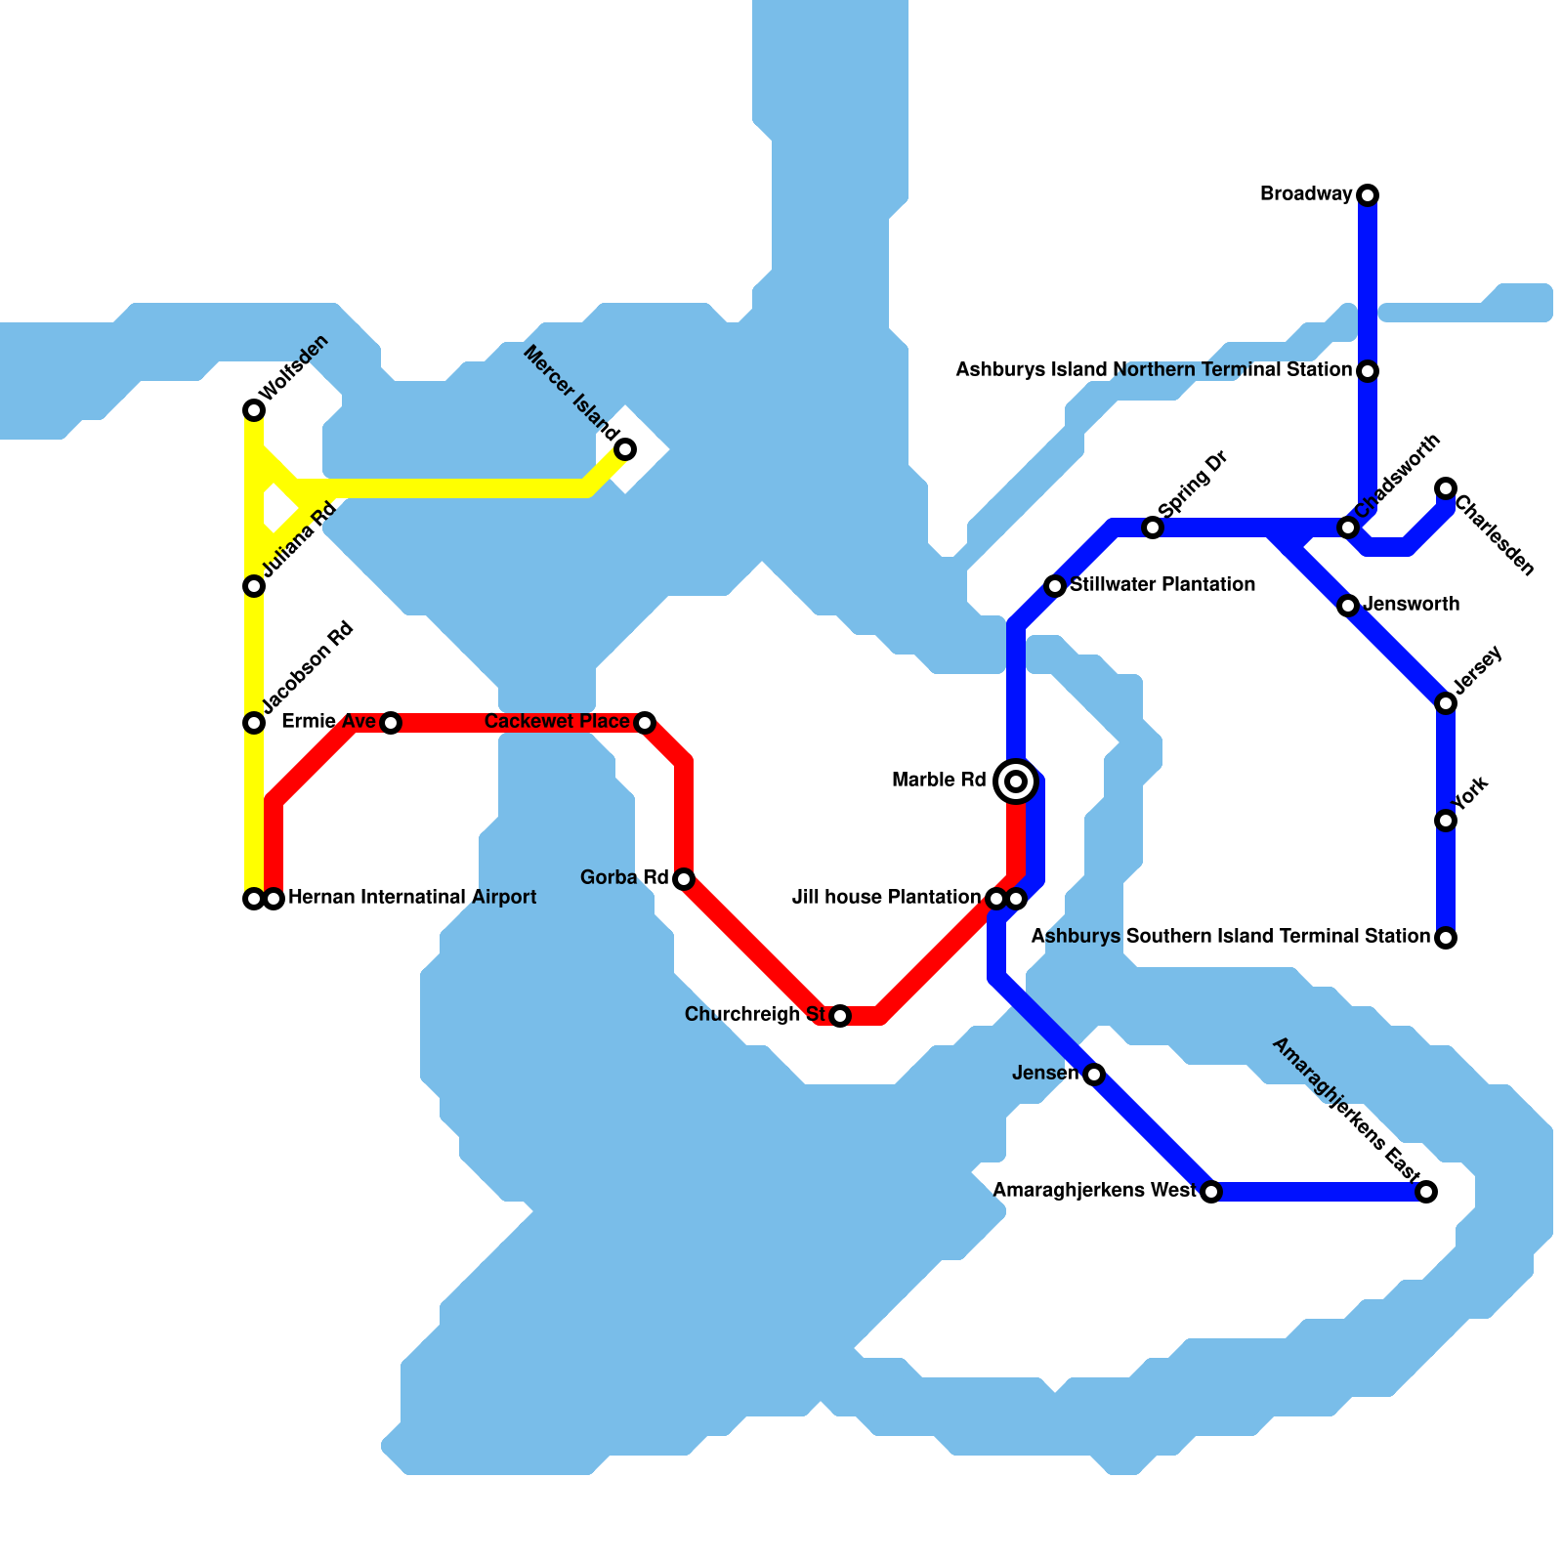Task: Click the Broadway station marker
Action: tap(1368, 195)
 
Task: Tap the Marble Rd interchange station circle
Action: tap(1016, 781)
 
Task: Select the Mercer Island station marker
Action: tap(625, 449)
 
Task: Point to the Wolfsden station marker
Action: tap(254, 410)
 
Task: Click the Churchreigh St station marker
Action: tap(840, 1016)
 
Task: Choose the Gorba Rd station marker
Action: tap(684, 879)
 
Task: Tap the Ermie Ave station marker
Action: tap(391, 723)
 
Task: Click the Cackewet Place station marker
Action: tap(645, 723)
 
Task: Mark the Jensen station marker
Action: tap(1094, 1075)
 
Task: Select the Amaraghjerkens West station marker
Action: tap(1211, 1192)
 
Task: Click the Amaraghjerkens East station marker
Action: tap(1426, 1192)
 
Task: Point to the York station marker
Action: tap(1446, 821)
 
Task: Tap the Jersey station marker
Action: tap(1446, 703)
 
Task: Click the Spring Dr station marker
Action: tap(1153, 528)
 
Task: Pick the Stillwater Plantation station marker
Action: tap(1054, 586)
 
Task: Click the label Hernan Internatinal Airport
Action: tap(412, 898)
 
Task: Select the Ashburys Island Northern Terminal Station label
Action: tap(1153, 370)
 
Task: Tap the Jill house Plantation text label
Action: tap(886, 898)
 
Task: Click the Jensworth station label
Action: tap(1412, 605)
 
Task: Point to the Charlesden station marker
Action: tap(1446, 488)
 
